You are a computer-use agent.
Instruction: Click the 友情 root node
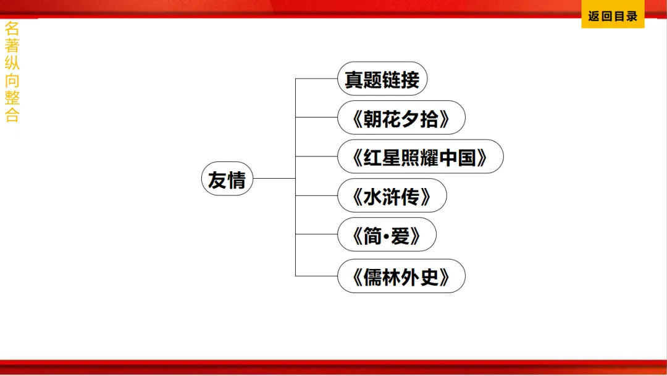click(x=227, y=179)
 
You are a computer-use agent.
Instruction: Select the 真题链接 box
click(x=382, y=79)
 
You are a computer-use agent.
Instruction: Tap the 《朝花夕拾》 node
click(x=401, y=117)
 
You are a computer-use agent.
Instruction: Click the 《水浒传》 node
click(x=392, y=196)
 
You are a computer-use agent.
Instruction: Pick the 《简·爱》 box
click(x=387, y=235)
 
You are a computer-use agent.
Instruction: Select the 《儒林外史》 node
click(x=401, y=276)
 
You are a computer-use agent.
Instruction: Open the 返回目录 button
click(x=613, y=16)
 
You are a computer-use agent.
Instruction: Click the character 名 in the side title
click(x=12, y=28)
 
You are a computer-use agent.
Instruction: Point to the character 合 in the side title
click(x=12, y=115)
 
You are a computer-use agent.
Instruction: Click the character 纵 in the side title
click(x=12, y=63)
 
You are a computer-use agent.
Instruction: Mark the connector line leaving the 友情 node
click(x=274, y=179)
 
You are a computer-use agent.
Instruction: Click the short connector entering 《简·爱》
click(x=316, y=235)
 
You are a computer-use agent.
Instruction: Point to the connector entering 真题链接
click(x=316, y=79)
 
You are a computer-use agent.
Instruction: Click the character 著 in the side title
click(x=12, y=45)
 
